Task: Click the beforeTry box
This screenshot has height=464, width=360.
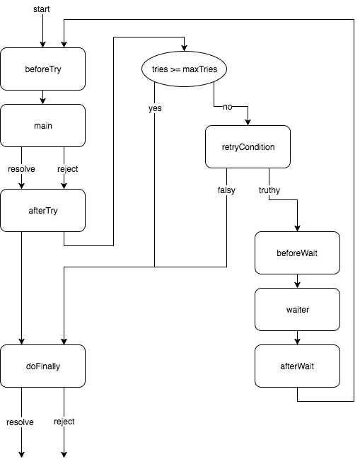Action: point(42,69)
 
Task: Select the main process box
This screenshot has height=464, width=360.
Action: point(42,126)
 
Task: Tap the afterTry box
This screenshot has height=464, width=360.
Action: point(42,211)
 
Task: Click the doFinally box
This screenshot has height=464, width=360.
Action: point(42,366)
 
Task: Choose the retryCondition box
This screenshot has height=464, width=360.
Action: point(248,147)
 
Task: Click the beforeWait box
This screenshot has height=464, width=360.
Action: point(297,253)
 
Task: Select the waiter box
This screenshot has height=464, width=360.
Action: point(297,309)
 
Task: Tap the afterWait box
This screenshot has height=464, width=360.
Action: point(297,366)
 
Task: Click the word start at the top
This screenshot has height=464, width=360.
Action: point(42,8)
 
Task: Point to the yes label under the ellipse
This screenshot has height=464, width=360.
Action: point(155,108)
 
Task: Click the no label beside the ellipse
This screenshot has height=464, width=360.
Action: point(227,108)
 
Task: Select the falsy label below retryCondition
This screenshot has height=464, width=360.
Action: point(226,190)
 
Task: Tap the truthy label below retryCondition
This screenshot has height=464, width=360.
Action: point(269,190)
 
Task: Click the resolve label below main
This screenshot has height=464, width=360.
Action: point(21,169)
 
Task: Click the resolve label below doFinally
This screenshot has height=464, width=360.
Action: point(20,422)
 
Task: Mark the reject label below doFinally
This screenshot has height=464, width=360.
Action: point(64,422)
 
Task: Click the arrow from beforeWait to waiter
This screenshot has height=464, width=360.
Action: point(297,281)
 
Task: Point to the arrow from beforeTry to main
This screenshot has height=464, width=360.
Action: point(42,98)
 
